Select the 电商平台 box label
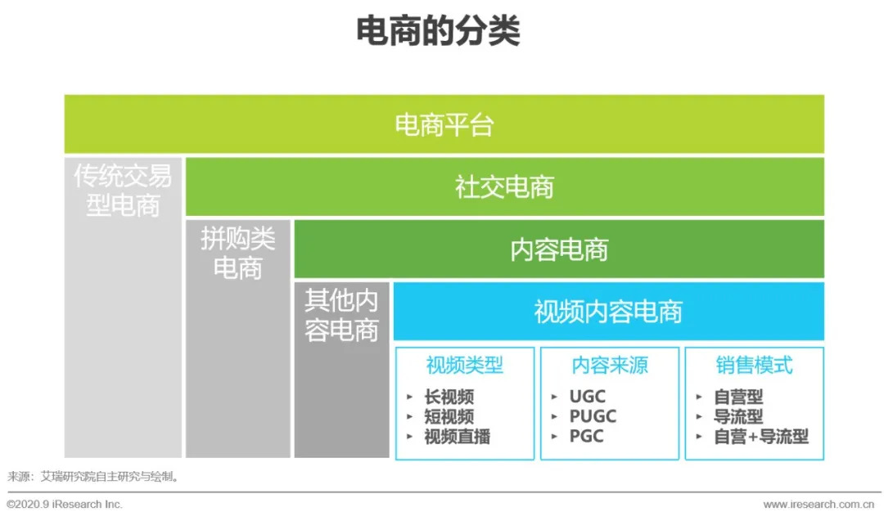point(444,125)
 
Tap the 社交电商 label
point(504,187)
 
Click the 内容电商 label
point(559,249)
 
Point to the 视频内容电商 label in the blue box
point(608,312)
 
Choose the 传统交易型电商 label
point(123,191)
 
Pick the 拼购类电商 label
point(238,253)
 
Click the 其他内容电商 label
point(341,315)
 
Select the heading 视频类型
point(465,365)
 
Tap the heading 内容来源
point(610,365)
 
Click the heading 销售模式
point(755,365)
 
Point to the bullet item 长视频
point(449,397)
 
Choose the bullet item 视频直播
point(458,436)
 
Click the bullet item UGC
point(588,397)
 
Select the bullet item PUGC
point(593,416)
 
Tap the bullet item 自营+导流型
point(761,436)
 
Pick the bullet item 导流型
point(738,416)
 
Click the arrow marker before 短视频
point(410,417)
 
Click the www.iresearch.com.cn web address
point(819,504)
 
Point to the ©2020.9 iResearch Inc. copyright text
point(65,504)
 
